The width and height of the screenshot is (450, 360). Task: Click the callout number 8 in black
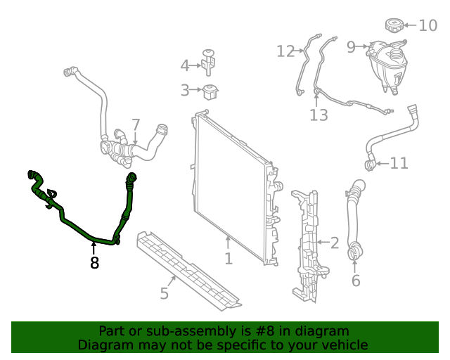(x=94, y=263)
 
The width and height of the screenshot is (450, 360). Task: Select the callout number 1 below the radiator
(x=229, y=259)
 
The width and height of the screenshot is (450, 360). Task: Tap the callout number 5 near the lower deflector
(x=164, y=292)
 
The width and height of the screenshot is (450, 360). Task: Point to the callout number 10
(x=427, y=26)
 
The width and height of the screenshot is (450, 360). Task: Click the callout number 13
(x=319, y=115)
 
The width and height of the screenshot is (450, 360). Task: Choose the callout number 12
(x=285, y=51)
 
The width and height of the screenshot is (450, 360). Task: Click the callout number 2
(x=334, y=243)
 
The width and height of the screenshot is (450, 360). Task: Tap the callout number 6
(x=355, y=281)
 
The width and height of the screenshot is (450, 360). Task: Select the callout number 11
(x=399, y=164)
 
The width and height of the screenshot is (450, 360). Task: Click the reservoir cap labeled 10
(x=394, y=26)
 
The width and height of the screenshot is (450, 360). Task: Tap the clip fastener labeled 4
(x=209, y=62)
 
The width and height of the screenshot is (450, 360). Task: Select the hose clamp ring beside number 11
(x=369, y=165)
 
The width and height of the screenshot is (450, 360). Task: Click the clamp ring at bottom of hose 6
(x=355, y=250)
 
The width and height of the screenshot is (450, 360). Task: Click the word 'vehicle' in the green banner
(x=344, y=345)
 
